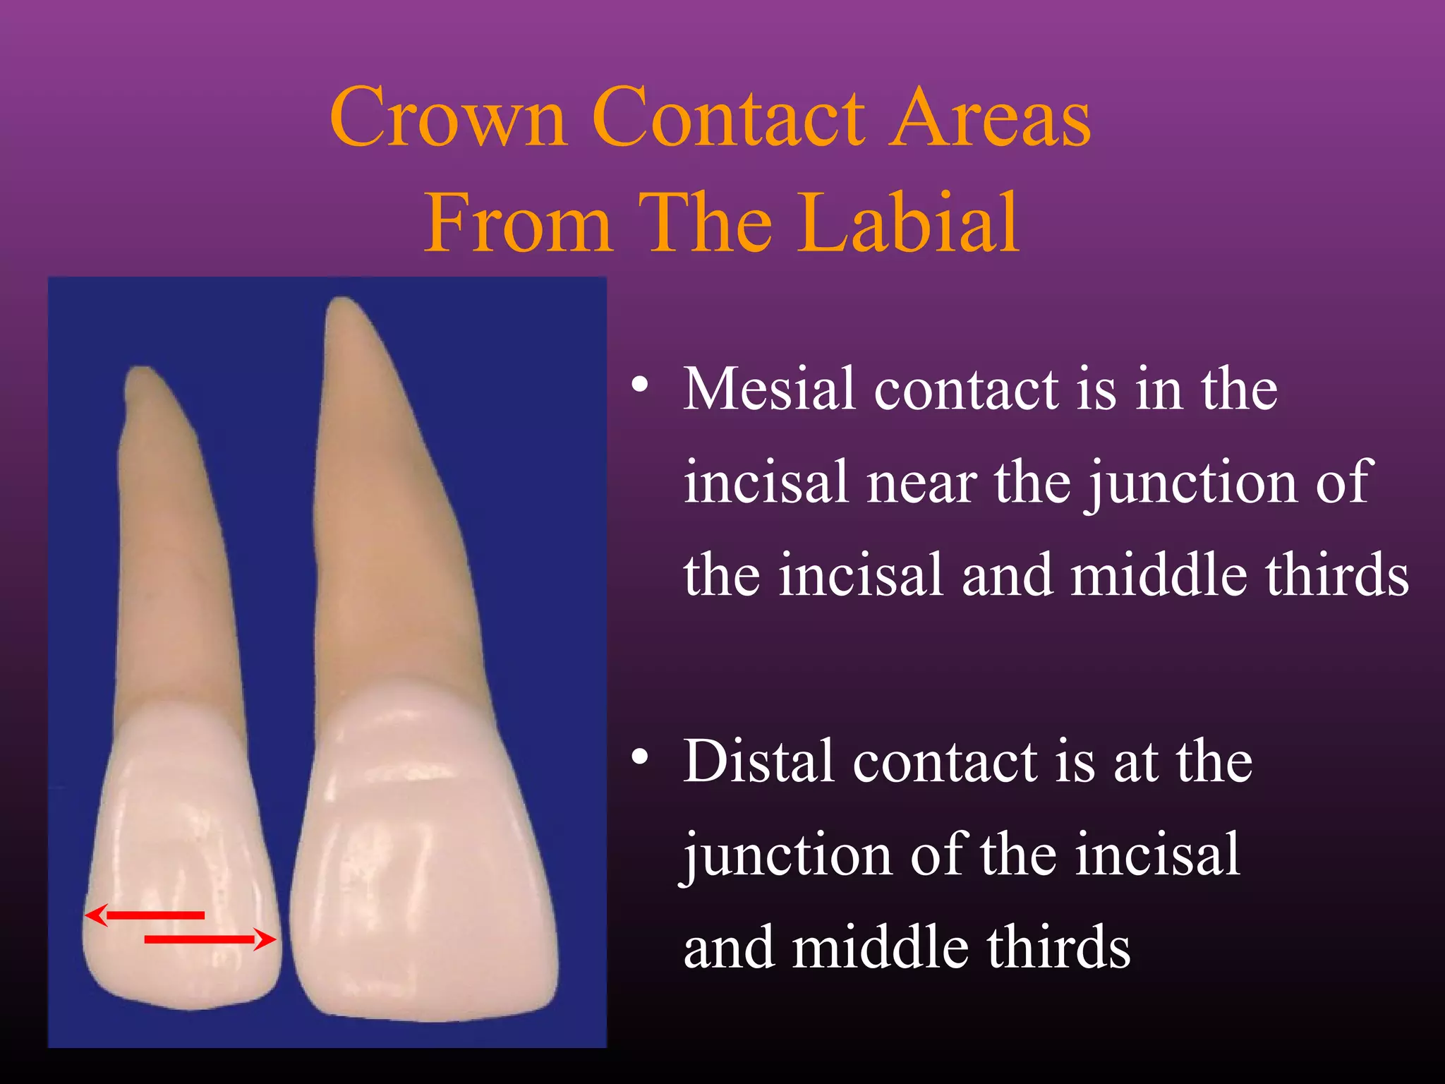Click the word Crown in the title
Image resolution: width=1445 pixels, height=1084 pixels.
[x=449, y=119]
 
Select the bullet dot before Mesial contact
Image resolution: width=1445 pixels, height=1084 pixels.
[x=640, y=385]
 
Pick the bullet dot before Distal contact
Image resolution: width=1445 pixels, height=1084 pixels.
[x=640, y=758]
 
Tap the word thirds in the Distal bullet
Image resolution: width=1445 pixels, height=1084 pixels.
[x=1058, y=948]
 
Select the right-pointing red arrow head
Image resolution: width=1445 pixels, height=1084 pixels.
[x=266, y=939]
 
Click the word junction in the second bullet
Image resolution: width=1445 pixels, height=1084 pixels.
[x=787, y=855]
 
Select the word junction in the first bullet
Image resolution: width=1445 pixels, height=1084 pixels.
[x=1192, y=483]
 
